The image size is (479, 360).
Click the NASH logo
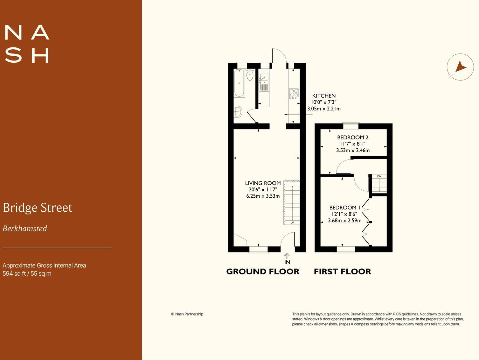tap(27, 44)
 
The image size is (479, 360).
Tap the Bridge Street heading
tap(38, 208)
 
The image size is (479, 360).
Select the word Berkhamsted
tap(25, 229)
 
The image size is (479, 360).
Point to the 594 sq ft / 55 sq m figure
tap(27, 274)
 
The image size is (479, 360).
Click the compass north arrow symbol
tap(460, 67)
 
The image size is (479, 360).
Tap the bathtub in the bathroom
tap(239, 83)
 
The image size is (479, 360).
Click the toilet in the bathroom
tap(250, 75)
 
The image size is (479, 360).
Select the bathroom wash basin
tap(238, 111)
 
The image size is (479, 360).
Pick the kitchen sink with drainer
tap(264, 82)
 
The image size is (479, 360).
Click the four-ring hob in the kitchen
tap(294, 93)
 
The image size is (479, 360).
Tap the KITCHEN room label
tap(324, 96)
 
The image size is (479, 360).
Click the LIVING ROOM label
tap(263, 183)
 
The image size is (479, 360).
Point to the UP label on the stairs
tap(292, 223)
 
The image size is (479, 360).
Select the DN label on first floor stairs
tap(379, 176)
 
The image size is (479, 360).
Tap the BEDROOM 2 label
tap(353, 138)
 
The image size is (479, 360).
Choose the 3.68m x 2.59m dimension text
tap(345, 221)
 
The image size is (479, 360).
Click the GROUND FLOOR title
tap(263, 272)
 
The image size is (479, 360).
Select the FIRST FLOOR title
tap(343, 272)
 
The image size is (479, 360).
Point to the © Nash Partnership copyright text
tap(187, 314)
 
